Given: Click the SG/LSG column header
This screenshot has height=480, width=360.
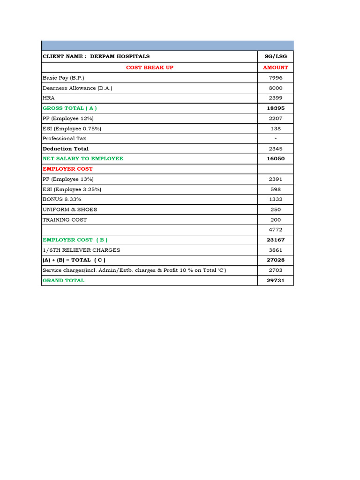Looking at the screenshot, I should tap(276, 56).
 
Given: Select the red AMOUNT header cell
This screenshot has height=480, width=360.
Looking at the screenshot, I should tap(276, 67).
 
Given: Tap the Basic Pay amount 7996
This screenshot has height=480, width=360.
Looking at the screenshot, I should tap(276, 78).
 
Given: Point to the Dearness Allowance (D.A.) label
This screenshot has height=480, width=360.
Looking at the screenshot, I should tap(77, 88).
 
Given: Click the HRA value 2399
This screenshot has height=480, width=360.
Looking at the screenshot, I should tap(276, 98).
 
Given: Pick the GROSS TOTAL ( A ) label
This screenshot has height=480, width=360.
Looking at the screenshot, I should tap(70, 108).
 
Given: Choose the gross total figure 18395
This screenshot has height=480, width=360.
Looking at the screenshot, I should tap(276, 108).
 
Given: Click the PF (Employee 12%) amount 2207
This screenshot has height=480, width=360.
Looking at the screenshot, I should tap(276, 119).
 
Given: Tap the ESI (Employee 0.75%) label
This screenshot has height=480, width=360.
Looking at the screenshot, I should tap(72, 128).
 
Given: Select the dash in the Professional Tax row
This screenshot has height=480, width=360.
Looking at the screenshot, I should tap(276, 139).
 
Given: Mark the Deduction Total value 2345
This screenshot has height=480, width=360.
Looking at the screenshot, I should tap(276, 149).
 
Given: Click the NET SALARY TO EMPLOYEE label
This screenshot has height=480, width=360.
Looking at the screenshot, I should tap(83, 158).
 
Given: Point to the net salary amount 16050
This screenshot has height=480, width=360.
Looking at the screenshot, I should tap(276, 159).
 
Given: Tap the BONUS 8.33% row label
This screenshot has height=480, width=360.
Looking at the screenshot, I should tap(65, 199).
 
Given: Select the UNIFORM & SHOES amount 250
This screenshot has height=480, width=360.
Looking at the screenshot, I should tap(276, 210).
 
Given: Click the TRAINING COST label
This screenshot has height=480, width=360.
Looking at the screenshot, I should tap(65, 220).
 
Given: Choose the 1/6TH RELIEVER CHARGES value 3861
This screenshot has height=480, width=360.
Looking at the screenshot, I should tap(276, 250).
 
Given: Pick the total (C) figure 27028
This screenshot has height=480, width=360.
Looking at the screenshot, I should tap(276, 260).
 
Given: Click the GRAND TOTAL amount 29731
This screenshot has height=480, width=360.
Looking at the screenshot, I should tap(276, 280).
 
